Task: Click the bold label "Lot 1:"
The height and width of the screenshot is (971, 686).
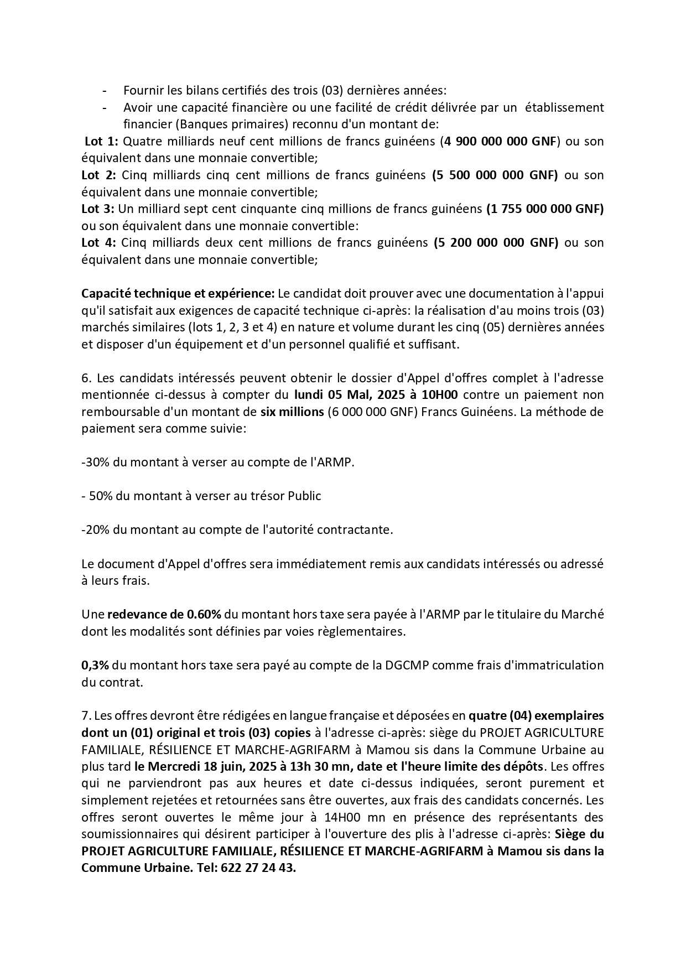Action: coord(101,141)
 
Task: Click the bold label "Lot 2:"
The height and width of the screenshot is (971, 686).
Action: coord(99,175)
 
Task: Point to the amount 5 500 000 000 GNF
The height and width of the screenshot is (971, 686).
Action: coord(495,175)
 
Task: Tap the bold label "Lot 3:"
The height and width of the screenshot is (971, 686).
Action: coord(98,209)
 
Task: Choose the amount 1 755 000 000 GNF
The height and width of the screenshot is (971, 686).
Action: coord(545,209)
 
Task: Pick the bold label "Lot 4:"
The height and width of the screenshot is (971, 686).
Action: coord(99,242)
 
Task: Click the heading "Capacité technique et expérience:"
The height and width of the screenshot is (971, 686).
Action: coord(178,293)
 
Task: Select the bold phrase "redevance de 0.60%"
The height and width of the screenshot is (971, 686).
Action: coord(164,615)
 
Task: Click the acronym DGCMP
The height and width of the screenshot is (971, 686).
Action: coord(408,665)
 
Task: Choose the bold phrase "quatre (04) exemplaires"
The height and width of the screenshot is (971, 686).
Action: coord(536,716)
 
